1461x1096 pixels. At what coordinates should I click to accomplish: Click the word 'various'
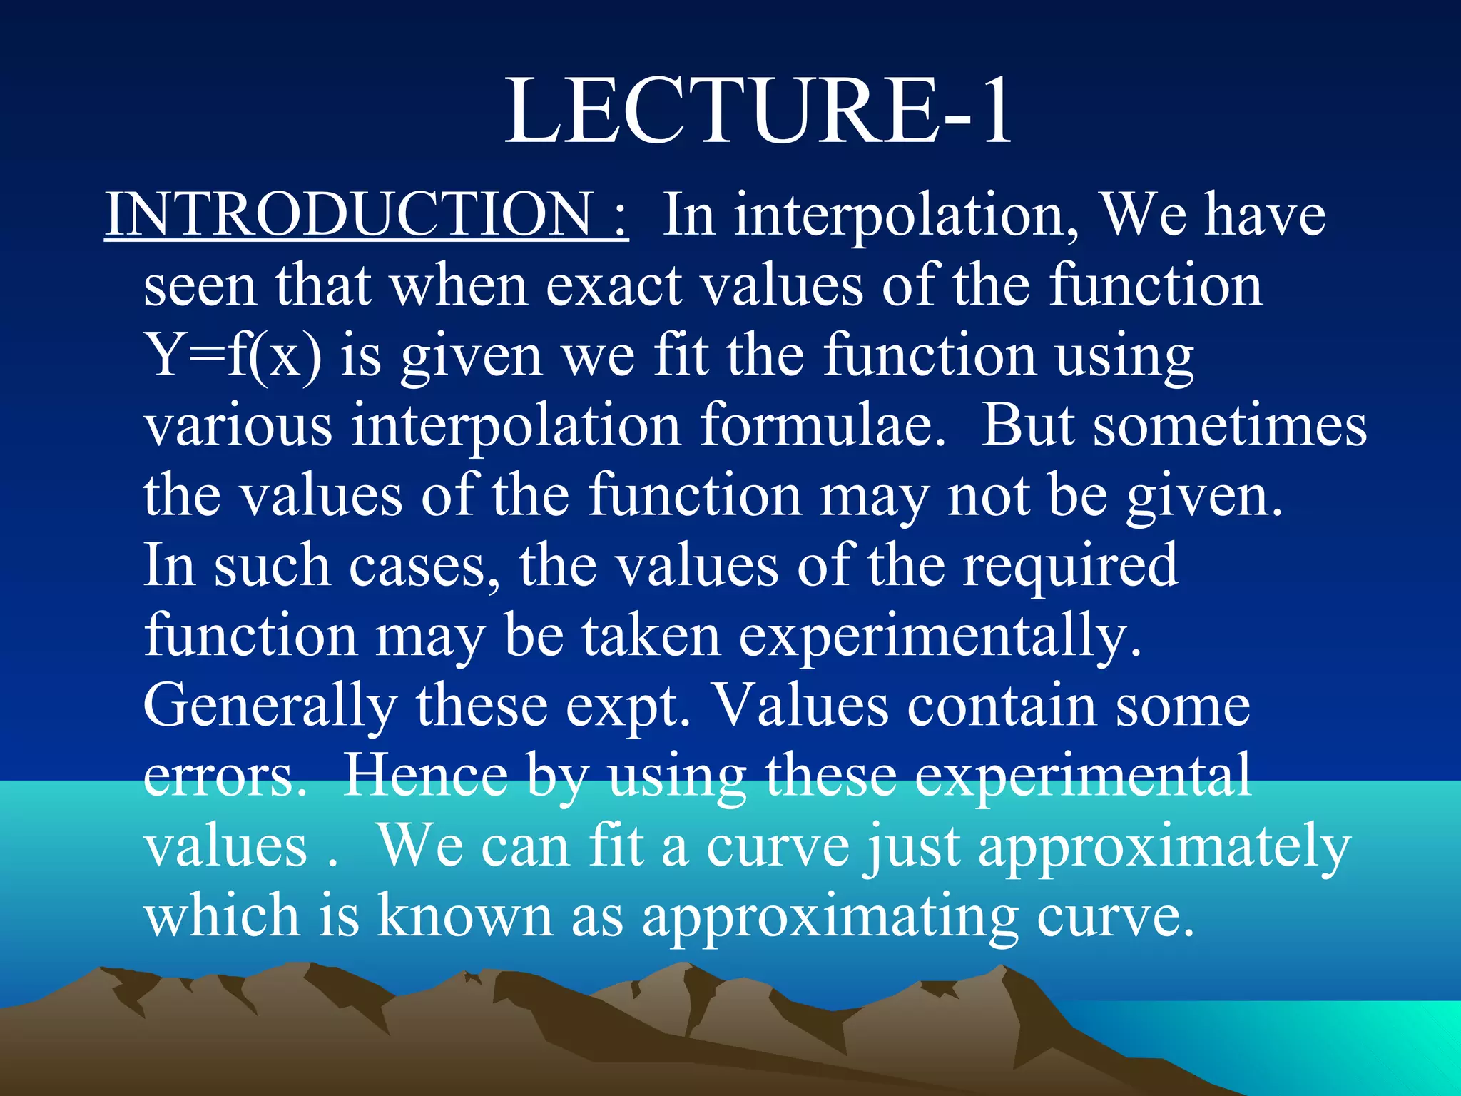[x=238, y=425]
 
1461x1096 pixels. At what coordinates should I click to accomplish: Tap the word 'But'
[x=1028, y=425]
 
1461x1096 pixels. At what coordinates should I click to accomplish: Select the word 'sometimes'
[x=1230, y=425]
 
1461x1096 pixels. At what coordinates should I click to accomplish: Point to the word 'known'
[x=464, y=915]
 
